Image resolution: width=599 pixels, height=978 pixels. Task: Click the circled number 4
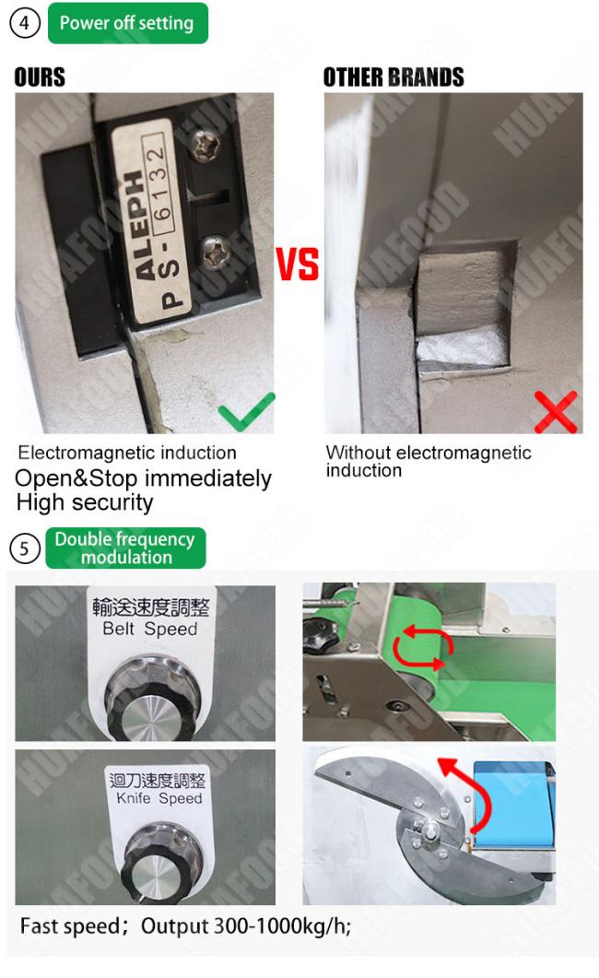pos(24,23)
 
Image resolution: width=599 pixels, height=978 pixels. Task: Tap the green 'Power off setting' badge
pos(128,23)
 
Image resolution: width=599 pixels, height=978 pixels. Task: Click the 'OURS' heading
pos(40,77)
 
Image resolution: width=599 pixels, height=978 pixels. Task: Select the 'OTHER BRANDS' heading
pos(393,77)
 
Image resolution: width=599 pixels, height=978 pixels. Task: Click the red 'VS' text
pos(298,264)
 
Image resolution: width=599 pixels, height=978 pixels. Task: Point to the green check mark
pos(247,412)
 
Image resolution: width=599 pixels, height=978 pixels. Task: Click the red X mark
pos(556,412)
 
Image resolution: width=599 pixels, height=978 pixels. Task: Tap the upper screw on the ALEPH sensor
pos(206,146)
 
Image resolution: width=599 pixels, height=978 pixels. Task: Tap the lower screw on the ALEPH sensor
pos(213,252)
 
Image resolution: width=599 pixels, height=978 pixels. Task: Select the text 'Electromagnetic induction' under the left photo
pos(127,453)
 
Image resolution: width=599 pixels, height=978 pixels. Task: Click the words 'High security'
pos(85,502)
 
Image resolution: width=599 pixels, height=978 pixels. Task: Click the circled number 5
pos(24,548)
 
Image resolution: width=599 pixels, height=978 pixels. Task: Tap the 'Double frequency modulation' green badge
pos(125,548)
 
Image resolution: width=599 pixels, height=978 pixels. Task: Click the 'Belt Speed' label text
pos(149,629)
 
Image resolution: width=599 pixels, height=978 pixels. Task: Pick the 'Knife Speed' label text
pos(159,798)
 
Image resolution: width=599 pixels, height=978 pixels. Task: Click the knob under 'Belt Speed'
pos(153,699)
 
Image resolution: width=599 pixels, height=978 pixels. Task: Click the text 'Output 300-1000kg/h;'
pos(246,926)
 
